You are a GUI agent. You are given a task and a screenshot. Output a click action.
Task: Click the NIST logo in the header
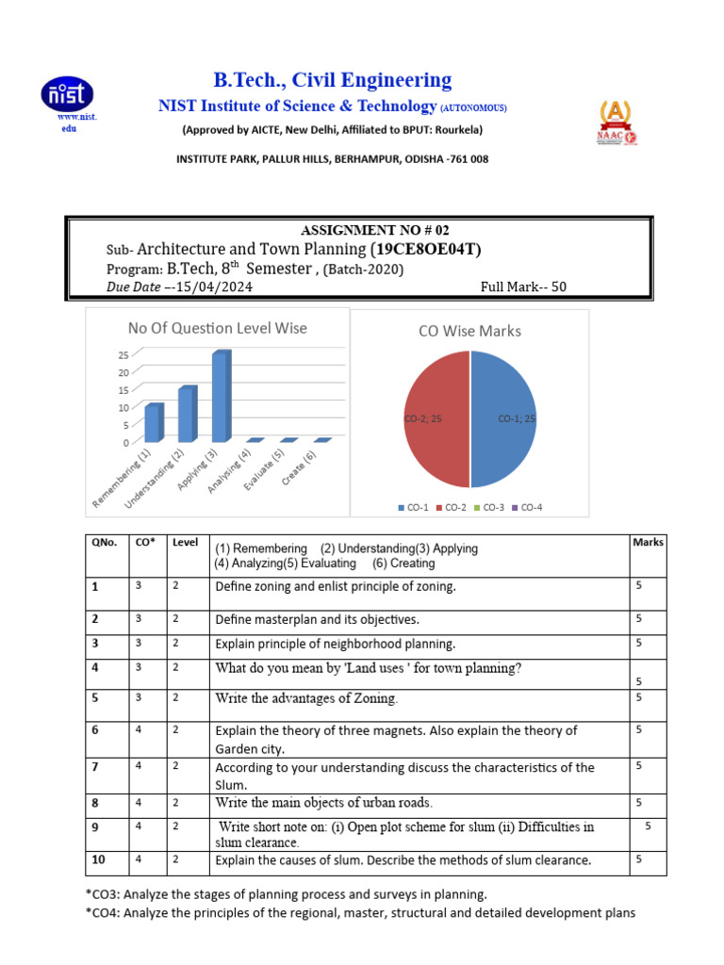[x=66, y=95]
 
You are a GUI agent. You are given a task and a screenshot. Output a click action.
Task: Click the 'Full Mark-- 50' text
[x=523, y=286]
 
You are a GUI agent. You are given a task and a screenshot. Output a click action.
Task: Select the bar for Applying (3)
[x=220, y=397]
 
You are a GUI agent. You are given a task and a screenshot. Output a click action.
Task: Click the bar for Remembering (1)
[x=153, y=423]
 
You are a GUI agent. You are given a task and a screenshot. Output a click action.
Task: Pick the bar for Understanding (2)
[x=187, y=415]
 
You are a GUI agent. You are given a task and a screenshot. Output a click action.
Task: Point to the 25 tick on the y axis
[x=123, y=354]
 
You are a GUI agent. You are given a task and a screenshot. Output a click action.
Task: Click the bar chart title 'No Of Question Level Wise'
[x=217, y=328]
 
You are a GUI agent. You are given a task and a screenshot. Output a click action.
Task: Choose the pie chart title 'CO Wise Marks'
[x=469, y=331]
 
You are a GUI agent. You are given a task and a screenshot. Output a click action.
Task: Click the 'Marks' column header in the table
[x=648, y=542]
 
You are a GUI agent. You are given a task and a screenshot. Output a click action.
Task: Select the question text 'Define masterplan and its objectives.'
[x=317, y=619]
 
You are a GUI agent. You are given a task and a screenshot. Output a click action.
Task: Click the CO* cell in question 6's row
[x=139, y=729]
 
